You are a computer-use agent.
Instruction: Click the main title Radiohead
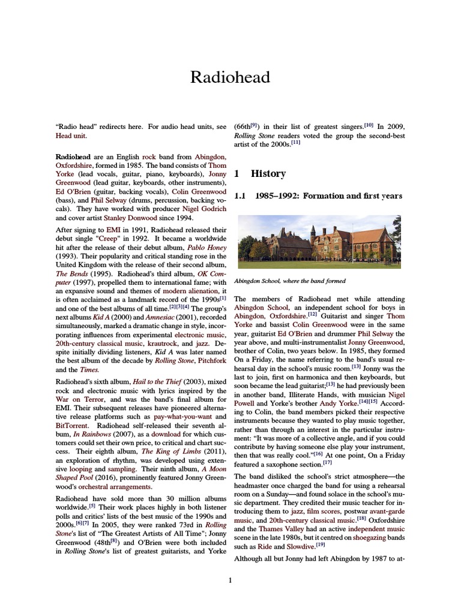[230, 77]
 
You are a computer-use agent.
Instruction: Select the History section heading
[268, 173]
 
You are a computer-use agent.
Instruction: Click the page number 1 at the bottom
[230, 579]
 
